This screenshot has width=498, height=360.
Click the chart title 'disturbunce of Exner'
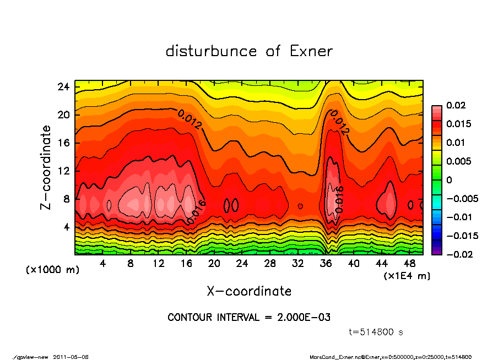click(249, 51)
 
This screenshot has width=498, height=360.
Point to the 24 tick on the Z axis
click(63, 86)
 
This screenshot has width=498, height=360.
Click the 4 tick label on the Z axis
click(66, 227)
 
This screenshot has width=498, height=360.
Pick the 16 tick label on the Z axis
click(63, 143)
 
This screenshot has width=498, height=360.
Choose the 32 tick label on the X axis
click(298, 263)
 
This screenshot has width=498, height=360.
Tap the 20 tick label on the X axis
click(214, 263)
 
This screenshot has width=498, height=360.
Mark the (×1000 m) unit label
click(48, 270)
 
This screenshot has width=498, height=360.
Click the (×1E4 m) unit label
click(407, 275)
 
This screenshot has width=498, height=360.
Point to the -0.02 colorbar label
click(458, 254)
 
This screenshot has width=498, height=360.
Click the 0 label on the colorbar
click(449, 180)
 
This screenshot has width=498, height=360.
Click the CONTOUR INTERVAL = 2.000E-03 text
click(249, 318)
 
